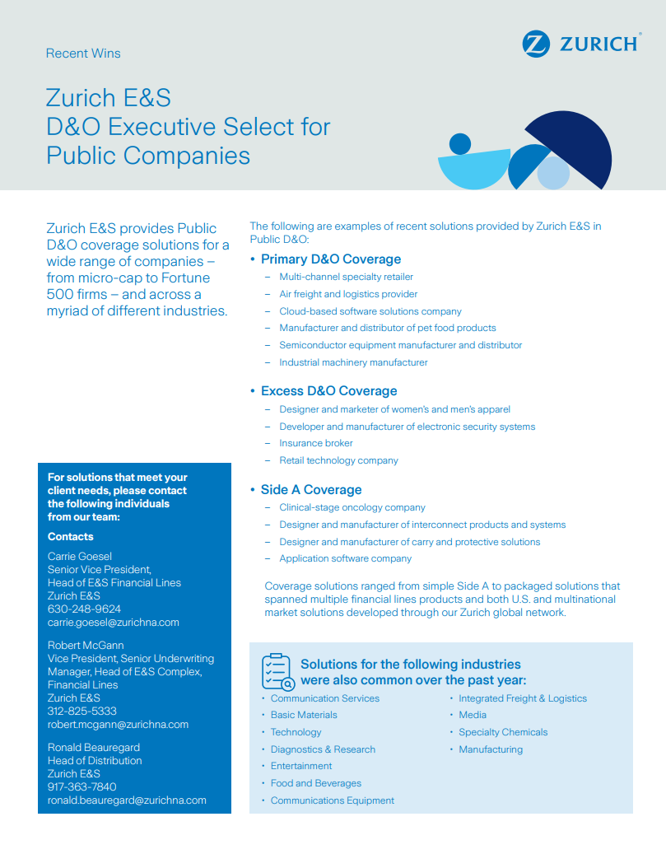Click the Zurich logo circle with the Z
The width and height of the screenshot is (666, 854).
pos(535,44)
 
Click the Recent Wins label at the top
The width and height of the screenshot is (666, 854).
pos(83,54)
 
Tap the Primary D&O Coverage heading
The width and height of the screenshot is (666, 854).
pos(330,259)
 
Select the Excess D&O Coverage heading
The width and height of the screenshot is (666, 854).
pos(328,391)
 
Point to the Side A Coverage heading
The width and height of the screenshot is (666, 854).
pos(311,490)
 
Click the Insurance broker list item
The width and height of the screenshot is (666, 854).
pos(316,443)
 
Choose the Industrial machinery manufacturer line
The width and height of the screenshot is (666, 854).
pos(353,362)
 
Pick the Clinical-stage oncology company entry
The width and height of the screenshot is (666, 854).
pos(352,508)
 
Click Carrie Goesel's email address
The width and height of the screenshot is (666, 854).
pos(113,623)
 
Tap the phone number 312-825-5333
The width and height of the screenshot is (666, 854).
pos(82,712)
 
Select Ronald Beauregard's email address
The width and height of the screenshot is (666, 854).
pos(127,800)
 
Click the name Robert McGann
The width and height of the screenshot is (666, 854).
pos(86,646)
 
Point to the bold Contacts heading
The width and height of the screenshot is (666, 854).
pos(71,537)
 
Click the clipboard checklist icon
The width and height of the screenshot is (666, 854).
pos(277,672)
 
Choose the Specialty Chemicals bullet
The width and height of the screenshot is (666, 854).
pos(503,733)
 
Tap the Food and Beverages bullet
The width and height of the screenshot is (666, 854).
pos(316,784)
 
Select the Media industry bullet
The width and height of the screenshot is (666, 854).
pos(473,716)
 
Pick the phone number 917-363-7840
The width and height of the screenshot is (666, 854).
pos(82,787)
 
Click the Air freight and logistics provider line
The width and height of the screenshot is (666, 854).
pos(348,294)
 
